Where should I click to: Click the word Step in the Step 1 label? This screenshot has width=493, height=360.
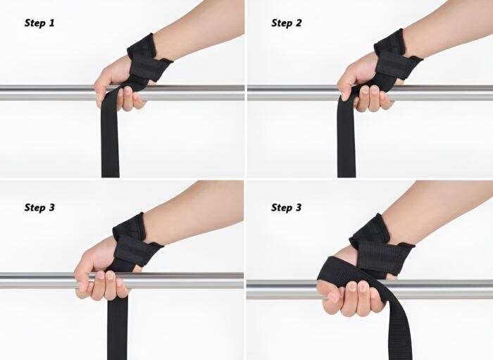coord(35,23)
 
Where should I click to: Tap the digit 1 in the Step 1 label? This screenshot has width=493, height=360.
coord(51,23)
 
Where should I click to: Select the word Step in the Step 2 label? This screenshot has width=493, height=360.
coord(282,23)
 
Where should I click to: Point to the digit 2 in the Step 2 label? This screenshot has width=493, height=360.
coord(299,23)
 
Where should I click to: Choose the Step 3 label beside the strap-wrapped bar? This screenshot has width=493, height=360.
coord(287,208)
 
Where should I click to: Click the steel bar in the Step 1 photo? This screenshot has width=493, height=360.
coord(42,92)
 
